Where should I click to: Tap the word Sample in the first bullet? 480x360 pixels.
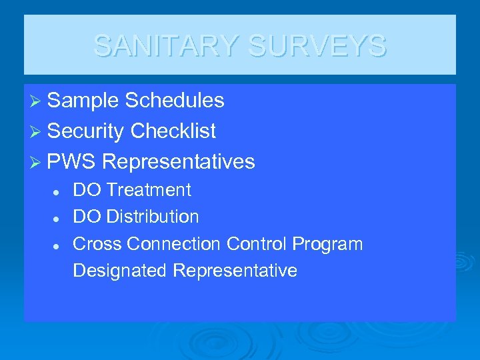click(83, 101)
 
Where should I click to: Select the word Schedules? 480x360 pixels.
click(175, 101)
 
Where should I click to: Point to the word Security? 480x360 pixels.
click(86, 131)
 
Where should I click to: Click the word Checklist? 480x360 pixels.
click(173, 131)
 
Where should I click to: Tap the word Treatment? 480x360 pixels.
click(149, 190)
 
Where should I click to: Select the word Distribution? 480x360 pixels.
click(153, 217)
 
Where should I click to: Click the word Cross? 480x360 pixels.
click(97, 244)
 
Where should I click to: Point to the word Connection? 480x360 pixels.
click(174, 244)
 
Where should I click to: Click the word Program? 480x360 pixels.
click(327, 245)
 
